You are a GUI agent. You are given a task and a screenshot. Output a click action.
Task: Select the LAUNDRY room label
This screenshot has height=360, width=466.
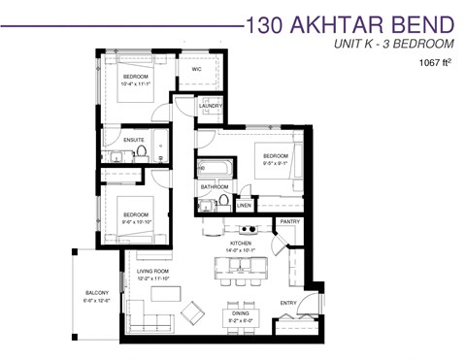[x=212, y=106]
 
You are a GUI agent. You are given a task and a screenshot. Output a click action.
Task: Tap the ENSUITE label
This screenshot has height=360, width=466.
[x=133, y=140]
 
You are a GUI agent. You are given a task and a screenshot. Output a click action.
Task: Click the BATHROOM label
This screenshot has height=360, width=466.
[x=215, y=186]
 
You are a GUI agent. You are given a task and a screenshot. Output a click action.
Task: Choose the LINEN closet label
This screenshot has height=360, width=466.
[x=245, y=206]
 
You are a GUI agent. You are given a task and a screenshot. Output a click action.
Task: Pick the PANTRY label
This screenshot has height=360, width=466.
[x=289, y=222]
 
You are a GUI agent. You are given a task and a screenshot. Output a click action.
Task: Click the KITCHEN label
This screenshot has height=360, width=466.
[x=242, y=244]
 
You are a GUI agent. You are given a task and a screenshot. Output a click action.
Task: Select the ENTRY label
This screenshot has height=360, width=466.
[x=289, y=303]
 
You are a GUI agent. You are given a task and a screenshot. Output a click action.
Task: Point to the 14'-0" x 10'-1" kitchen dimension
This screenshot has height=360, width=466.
[x=242, y=251]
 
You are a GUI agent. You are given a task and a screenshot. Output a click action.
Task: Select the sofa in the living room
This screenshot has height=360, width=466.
[x=146, y=319]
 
